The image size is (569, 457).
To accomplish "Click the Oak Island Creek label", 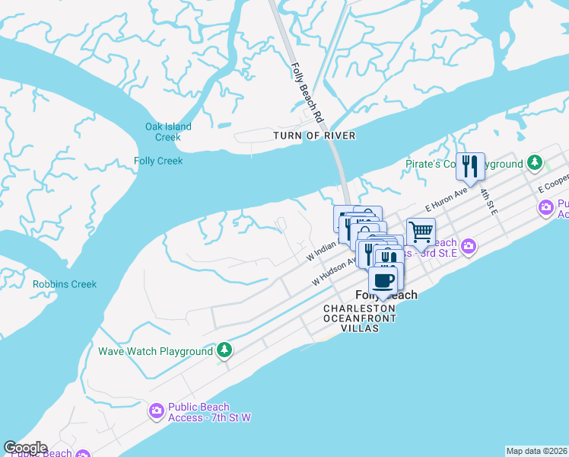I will [x=168, y=132].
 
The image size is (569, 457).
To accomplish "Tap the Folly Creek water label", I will [x=158, y=161].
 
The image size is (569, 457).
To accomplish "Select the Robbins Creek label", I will [x=65, y=284].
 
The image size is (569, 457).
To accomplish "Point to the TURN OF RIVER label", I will [x=314, y=136].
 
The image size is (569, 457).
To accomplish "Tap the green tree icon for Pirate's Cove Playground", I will [x=536, y=163].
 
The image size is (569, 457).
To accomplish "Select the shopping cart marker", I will [x=421, y=231].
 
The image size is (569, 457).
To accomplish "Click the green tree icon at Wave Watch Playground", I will [x=224, y=350].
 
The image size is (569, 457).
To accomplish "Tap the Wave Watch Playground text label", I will [x=155, y=351].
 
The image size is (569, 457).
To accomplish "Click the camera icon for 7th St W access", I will [x=157, y=412].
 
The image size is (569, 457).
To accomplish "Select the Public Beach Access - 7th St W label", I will [x=199, y=412].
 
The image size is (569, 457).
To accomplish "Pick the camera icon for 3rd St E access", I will [x=469, y=246].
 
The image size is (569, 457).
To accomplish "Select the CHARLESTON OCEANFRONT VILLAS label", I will [x=360, y=313].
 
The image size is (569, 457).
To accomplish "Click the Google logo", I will [x=25, y=448].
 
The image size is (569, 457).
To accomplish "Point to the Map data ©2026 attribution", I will [x=536, y=451].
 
